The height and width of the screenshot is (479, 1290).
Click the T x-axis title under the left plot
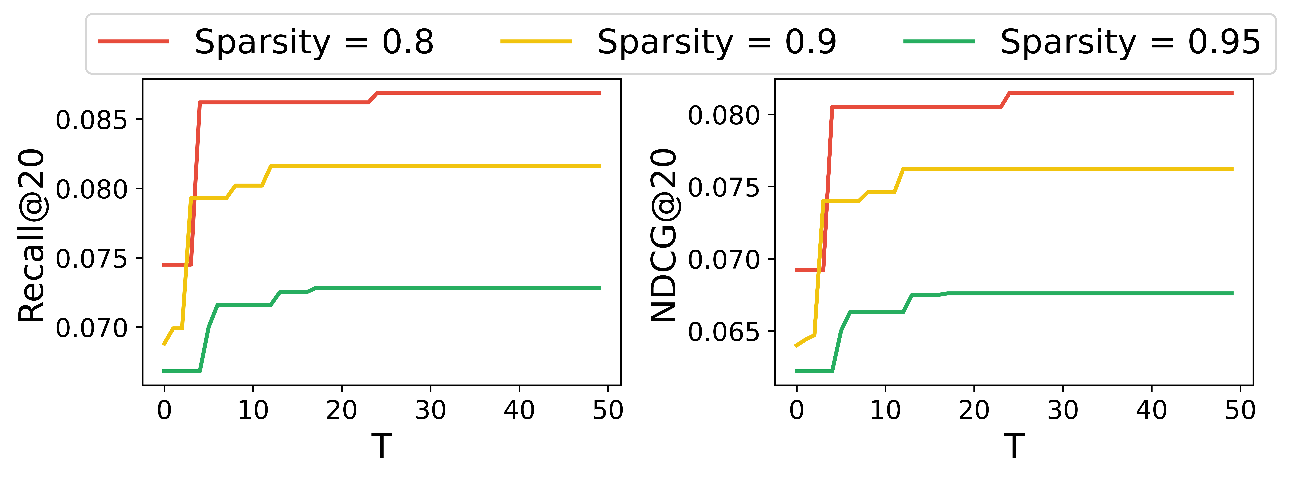[382, 446]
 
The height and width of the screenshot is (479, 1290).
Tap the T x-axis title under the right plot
[1014, 446]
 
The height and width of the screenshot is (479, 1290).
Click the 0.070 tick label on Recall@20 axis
[92, 329]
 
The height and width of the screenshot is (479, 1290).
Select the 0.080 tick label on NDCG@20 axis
[724, 116]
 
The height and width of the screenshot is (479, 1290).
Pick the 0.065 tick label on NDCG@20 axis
[724, 332]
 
